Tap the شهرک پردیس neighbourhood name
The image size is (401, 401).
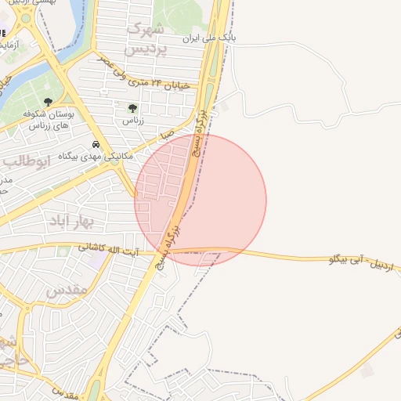click(146, 39)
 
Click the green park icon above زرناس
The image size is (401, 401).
click(132, 109)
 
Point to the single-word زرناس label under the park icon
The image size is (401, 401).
click(132, 121)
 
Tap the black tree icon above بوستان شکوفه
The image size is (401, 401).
click(49, 102)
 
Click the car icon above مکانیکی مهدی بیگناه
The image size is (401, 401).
click(96, 145)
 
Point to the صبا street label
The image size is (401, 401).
click(167, 135)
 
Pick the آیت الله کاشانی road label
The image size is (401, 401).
click(109, 249)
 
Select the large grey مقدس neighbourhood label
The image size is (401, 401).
click(66, 290)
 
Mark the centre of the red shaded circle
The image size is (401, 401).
click(200, 200)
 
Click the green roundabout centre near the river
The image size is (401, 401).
click(26, 18)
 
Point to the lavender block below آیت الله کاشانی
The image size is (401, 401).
click(95, 262)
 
